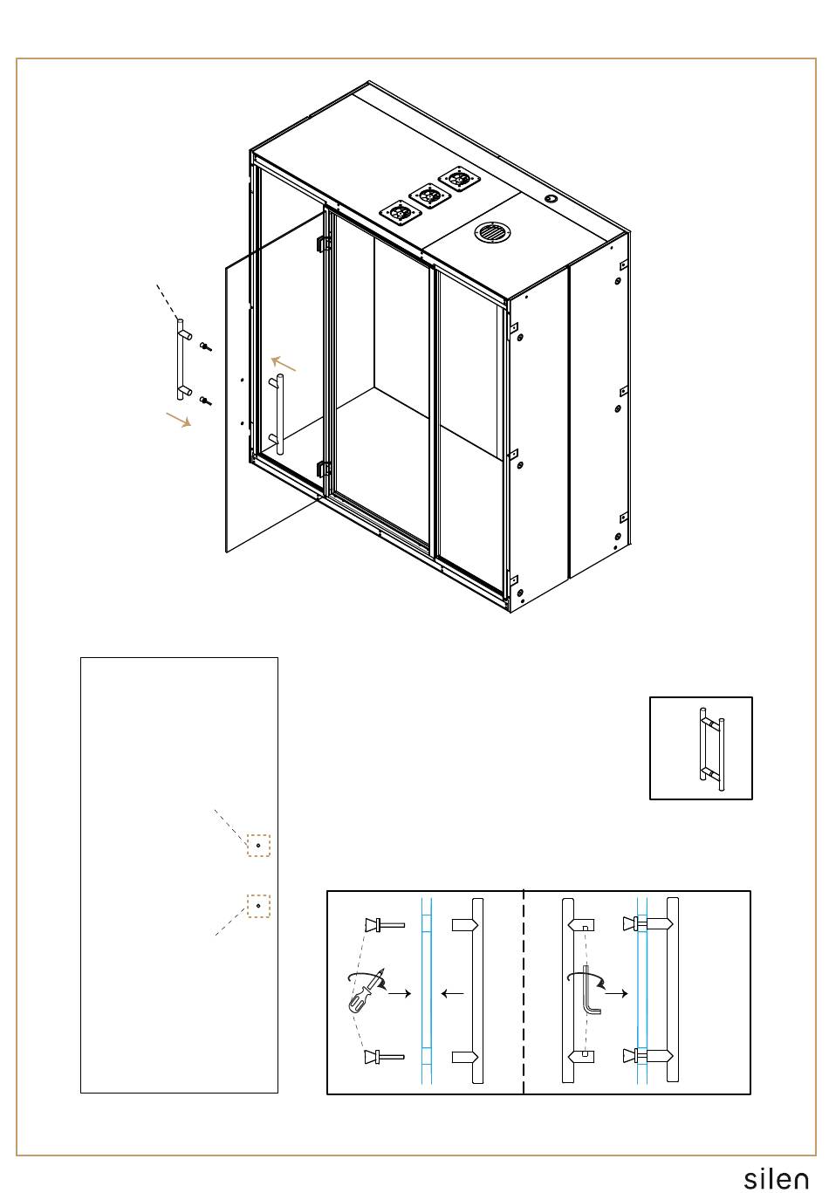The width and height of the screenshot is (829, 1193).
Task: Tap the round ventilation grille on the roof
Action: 491,233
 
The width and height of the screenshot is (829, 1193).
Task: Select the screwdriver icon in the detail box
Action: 366,991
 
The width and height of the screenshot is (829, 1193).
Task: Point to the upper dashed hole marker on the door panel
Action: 258,845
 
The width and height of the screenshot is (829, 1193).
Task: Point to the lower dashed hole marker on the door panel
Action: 258,905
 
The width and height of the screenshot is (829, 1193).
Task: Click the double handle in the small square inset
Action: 711,748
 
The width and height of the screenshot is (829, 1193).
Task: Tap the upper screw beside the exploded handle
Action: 206,346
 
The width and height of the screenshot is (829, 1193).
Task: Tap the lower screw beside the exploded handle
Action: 206,400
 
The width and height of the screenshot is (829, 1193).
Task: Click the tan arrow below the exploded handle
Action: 178,419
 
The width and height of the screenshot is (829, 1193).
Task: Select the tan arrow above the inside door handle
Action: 284,364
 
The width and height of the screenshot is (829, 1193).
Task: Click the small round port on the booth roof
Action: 550,198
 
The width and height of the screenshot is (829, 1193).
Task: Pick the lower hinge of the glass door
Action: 323,470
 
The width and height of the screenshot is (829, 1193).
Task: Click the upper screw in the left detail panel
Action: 385,924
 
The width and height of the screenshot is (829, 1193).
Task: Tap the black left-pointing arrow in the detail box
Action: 453,993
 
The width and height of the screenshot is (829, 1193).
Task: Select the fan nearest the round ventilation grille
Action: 459,179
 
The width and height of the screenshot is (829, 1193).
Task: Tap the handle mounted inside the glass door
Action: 277,414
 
